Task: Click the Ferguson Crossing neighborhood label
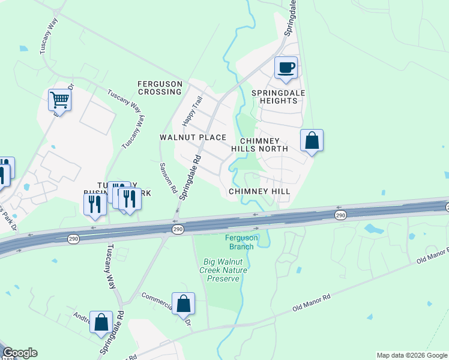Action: pos(159,88)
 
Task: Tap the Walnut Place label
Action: pos(192,137)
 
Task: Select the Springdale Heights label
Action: pos(274,97)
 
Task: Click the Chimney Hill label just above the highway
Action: pos(259,191)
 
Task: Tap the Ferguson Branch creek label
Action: pos(241,242)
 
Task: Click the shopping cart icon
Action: pos(59,100)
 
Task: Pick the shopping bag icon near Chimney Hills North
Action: pos(312,142)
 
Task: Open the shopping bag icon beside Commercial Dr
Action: pos(184,304)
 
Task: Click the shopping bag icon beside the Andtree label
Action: pos(101,322)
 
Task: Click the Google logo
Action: pos(20,353)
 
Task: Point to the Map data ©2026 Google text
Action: pos(411,355)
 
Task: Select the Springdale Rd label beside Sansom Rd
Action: pos(190,176)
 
